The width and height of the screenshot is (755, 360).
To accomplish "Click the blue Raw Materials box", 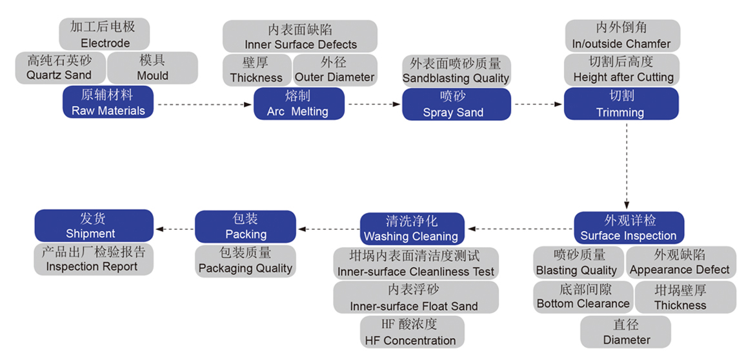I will point(108,103).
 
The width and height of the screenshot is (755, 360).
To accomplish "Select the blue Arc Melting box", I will point(297,104).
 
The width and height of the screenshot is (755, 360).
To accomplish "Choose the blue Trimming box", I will point(621,103).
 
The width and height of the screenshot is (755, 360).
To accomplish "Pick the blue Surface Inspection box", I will point(629,228).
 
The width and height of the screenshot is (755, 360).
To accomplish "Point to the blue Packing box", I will point(245,226).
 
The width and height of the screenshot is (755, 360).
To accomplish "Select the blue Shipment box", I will point(94,226).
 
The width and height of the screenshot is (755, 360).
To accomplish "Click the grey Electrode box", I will point(104,35).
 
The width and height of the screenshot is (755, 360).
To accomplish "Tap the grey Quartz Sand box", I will point(59,68).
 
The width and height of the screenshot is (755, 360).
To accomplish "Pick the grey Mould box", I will point(153,68).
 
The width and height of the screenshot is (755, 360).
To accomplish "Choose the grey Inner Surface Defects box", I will point(300,36).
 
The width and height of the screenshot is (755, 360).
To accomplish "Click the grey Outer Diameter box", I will point(334,70).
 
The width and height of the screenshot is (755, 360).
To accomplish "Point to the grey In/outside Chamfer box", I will point(621,36).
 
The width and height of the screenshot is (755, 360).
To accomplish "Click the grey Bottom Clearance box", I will point(583,297).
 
